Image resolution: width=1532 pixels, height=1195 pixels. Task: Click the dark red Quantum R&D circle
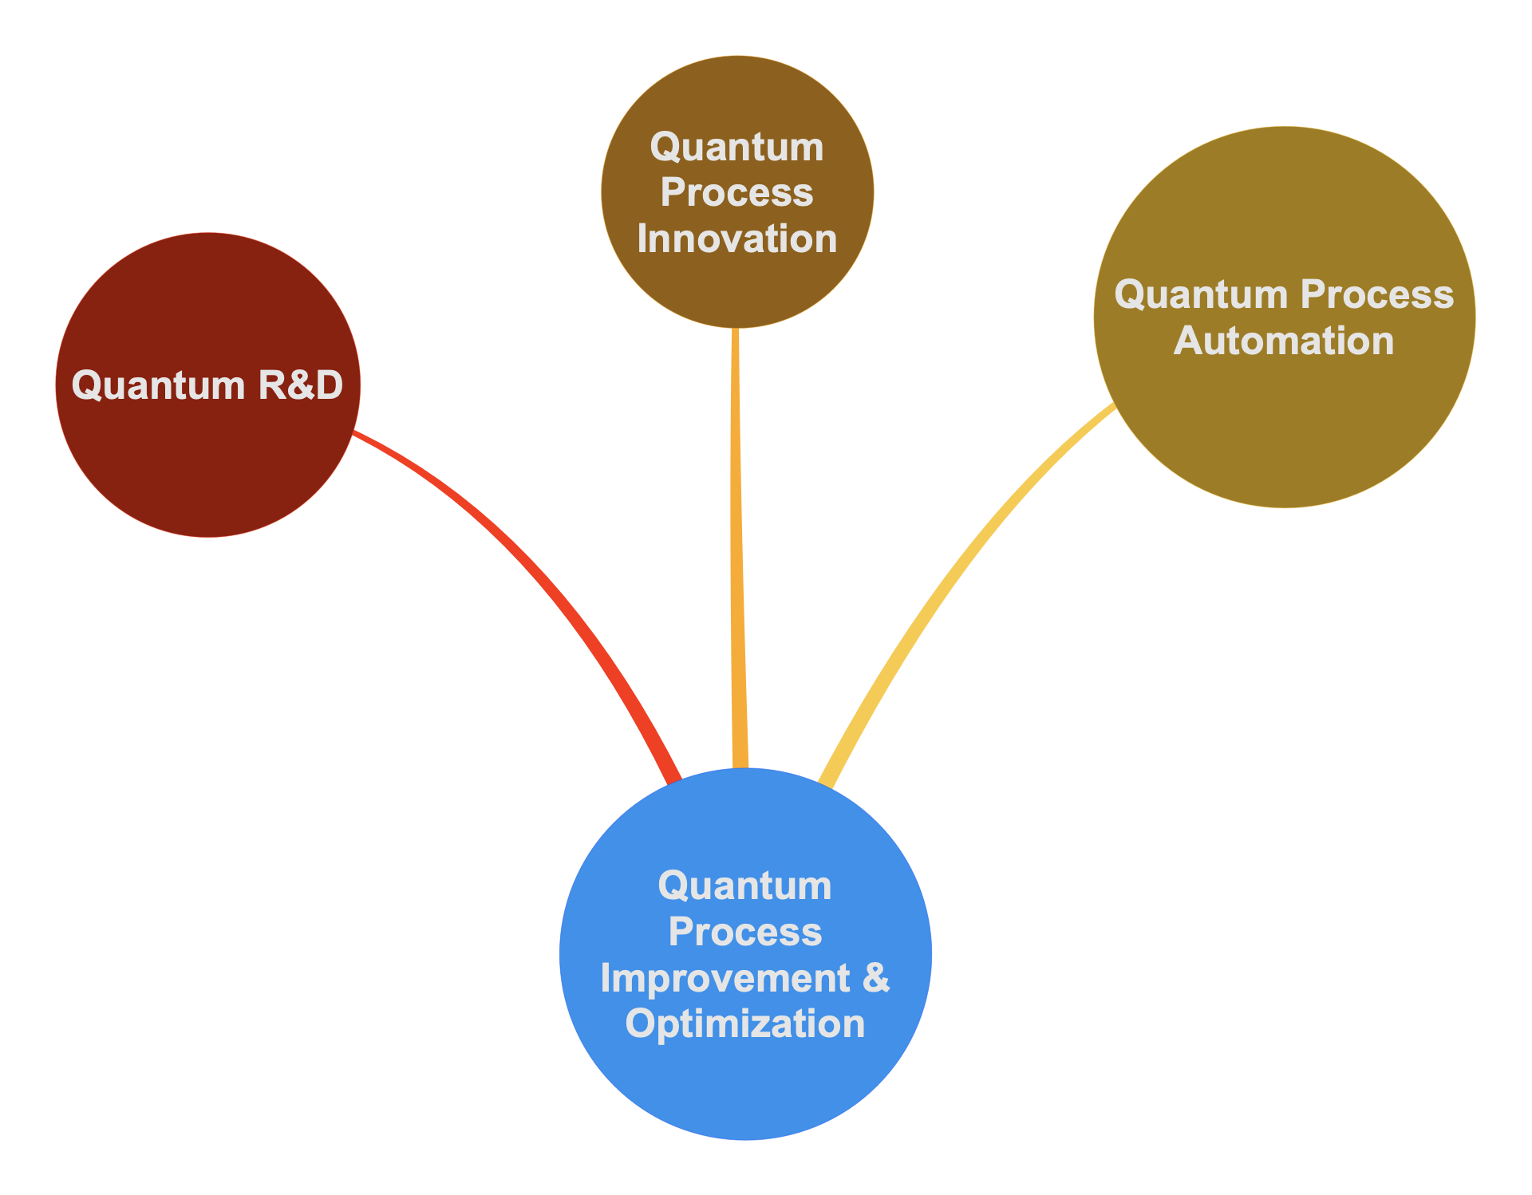[207, 463]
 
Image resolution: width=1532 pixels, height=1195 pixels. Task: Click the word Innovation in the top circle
[736, 239]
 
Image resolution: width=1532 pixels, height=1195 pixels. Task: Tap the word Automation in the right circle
[1284, 341]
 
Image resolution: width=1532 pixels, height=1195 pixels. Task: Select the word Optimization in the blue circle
[745, 1023]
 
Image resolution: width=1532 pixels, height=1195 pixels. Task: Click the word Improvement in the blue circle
[725, 978]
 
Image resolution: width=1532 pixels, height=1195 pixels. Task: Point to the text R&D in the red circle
[300, 385]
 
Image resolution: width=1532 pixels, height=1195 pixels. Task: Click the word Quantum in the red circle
[158, 385]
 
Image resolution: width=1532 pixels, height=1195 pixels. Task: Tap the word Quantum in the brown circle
[736, 148]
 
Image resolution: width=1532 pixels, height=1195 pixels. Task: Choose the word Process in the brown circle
[736, 193]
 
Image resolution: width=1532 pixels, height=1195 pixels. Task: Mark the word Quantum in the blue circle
[745, 885]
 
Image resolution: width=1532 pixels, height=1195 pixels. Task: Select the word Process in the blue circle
[745, 932]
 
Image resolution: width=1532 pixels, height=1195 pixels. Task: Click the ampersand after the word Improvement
[876, 978]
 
